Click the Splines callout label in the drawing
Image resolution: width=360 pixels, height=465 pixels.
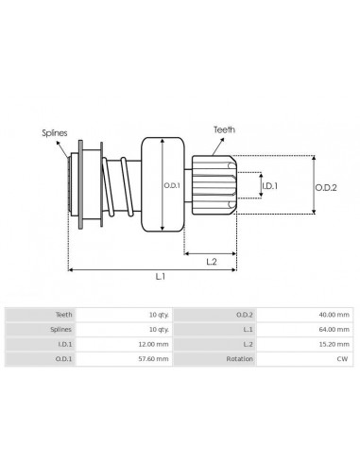[x=54, y=134]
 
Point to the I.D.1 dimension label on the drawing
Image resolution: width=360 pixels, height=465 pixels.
[x=269, y=185]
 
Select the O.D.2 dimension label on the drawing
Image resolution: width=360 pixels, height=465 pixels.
[x=328, y=186]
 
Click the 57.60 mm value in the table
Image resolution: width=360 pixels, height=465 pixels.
[x=155, y=359]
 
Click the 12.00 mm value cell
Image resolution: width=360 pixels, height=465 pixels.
[x=155, y=344]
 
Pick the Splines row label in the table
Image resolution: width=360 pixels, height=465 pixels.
[x=60, y=329]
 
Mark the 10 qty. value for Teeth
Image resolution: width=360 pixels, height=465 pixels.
[x=158, y=314]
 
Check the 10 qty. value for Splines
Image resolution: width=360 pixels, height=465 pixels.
[x=158, y=329]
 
